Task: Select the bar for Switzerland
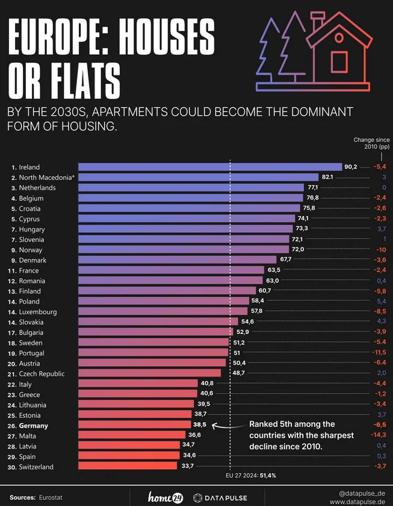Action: pos(128,466)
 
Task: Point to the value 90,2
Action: pos(351,167)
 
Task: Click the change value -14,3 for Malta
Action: pos(379,435)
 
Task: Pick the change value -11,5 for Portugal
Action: pos(379,353)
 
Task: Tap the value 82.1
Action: pos(327,177)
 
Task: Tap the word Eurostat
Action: pos(51,498)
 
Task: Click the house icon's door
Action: pos(339,61)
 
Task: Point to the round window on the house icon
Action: pos(339,37)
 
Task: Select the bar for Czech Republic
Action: pos(149,373)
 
